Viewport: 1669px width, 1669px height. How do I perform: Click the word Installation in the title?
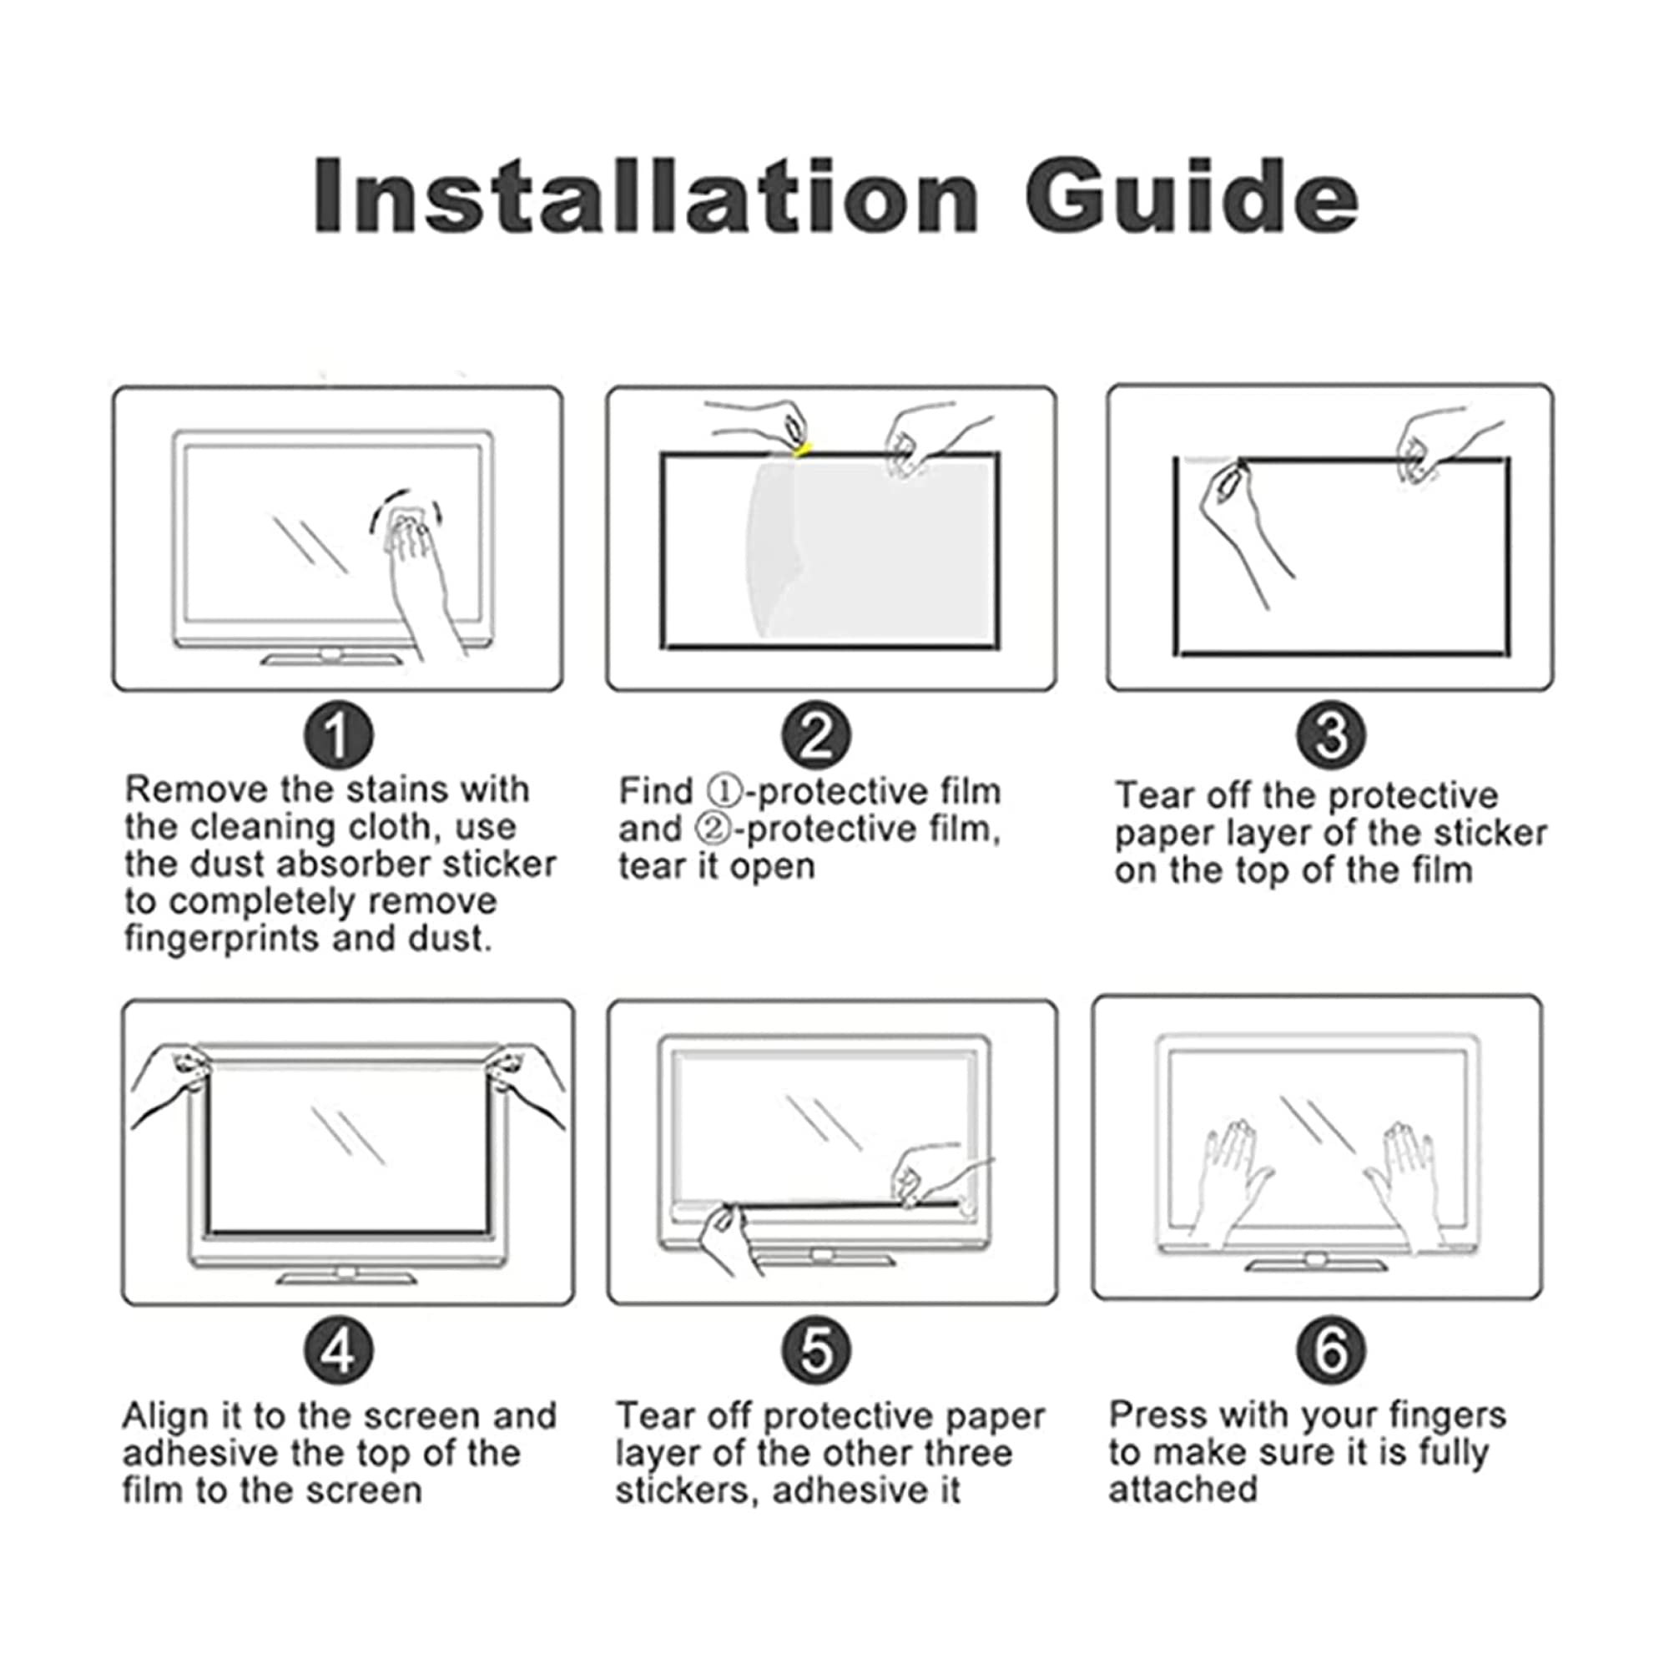(x=646, y=195)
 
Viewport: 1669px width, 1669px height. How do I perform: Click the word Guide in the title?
(x=1193, y=195)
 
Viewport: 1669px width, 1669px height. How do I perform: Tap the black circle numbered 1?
(x=339, y=735)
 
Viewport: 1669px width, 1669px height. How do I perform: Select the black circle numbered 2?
(x=816, y=735)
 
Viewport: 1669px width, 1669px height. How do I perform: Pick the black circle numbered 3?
(x=1331, y=735)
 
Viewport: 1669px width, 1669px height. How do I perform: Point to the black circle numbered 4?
(x=339, y=1349)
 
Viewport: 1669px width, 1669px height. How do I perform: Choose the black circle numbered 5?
(x=816, y=1349)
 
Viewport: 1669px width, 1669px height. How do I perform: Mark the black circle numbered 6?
(x=1331, y=1349)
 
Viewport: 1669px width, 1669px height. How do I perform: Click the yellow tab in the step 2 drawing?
(x=803, y=449)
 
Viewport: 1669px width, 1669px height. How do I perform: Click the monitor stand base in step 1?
(x=333, y=659)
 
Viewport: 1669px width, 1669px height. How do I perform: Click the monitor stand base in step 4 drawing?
(x=345, y=1276)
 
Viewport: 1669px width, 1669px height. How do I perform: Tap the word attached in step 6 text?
(x=1182, y=1490)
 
